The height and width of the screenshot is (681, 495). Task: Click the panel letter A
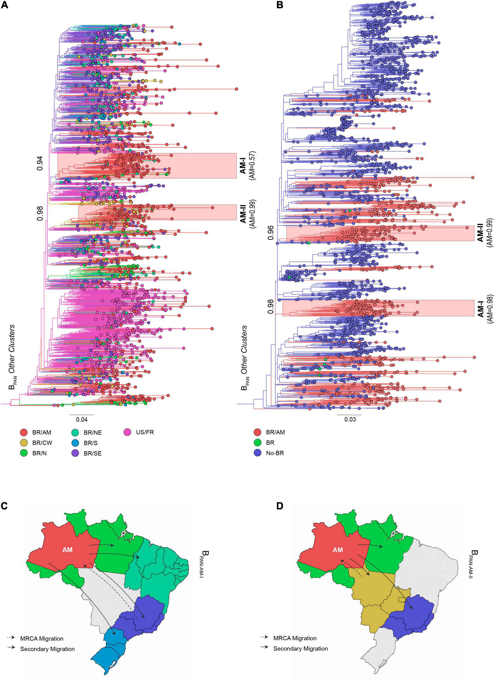coord(5,5)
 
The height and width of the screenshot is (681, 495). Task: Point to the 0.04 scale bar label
coord(82,419)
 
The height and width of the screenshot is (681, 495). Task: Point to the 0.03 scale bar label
coord(350,419)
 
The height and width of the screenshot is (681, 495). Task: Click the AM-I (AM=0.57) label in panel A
coord(247,167)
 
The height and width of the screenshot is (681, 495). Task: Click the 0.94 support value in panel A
coord(40,163)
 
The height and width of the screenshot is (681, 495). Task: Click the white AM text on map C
coord(67,550)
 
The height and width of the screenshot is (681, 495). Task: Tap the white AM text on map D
coord(338,550)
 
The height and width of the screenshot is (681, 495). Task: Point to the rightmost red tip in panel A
coord(236,89)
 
